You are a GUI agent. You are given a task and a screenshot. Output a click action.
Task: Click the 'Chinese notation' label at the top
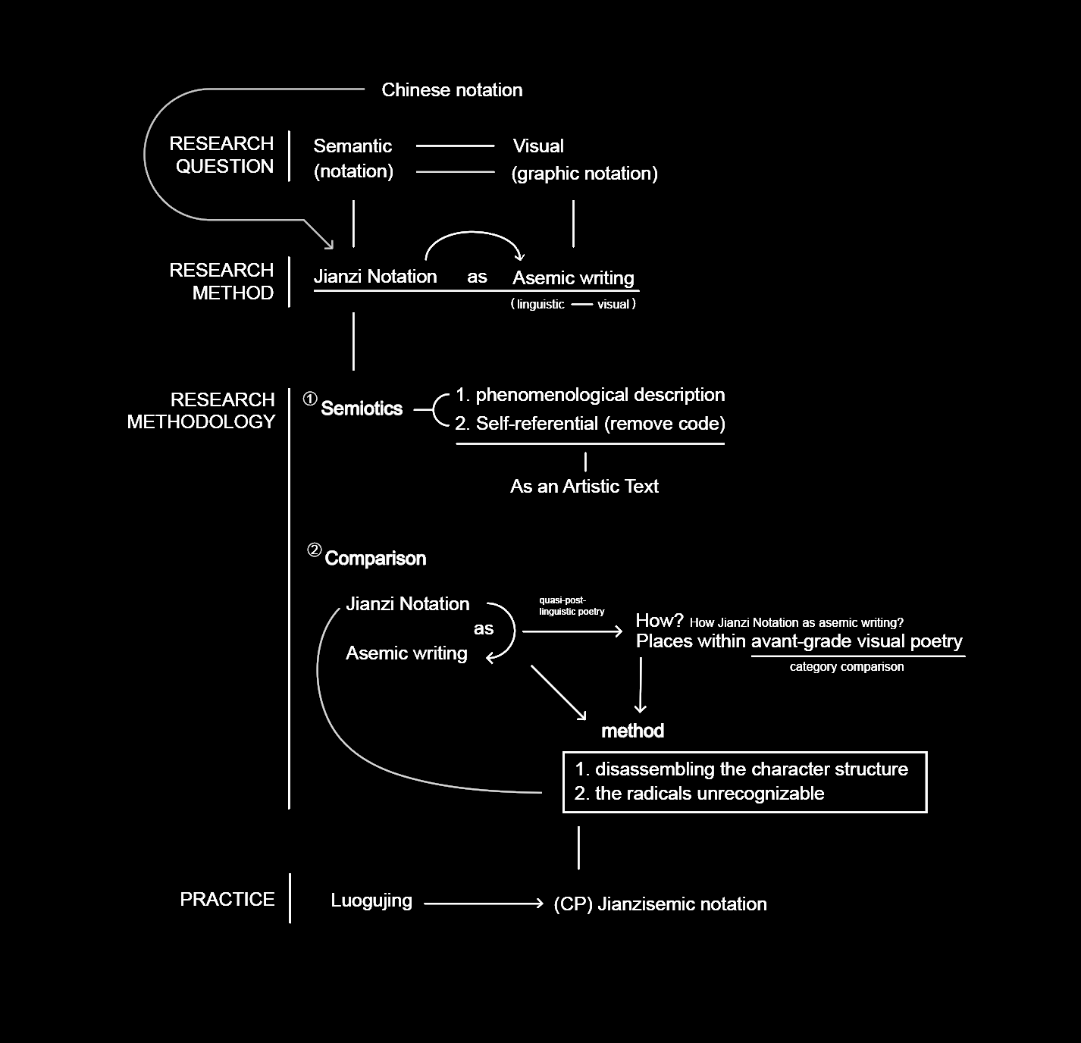[x=452, y=90]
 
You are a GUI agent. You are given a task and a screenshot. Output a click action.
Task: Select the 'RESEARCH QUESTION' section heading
[x=221, y=155]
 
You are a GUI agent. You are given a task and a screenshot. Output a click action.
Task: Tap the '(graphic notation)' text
[x=584, y=174]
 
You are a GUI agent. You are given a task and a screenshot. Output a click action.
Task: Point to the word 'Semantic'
[x=352, y=146]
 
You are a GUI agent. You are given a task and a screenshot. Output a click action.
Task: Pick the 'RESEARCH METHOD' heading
[x=221, y=281]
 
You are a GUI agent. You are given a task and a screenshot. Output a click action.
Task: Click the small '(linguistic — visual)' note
[x=573, y=305]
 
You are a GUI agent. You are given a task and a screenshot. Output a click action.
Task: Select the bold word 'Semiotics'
[x=362, y=409]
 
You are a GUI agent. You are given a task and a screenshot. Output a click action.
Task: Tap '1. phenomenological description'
[x=590, y=395]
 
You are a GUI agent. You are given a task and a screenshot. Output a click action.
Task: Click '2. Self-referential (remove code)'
[x=590, y=424]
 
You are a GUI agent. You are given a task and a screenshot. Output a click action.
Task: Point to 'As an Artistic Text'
[x=584, y=487]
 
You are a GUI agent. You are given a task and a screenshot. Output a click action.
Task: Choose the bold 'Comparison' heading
[x=375, y=559]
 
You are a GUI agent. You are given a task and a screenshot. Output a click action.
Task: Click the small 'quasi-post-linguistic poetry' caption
[x=571, y=606]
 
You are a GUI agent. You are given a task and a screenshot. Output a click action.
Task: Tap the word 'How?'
[x=660, y=621]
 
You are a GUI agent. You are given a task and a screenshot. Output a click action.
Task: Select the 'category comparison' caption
[x=846, y=667]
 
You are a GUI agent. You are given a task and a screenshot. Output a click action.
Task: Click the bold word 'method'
[x=632, y=731]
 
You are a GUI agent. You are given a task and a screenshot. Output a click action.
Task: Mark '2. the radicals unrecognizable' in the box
[x=699, y=794]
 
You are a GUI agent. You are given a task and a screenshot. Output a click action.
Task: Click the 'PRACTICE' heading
[x=227, y=900]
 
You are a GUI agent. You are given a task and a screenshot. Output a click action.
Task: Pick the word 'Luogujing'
[x=371, y=900]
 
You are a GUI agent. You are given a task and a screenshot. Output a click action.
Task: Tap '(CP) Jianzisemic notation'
[x=660, y=904]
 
